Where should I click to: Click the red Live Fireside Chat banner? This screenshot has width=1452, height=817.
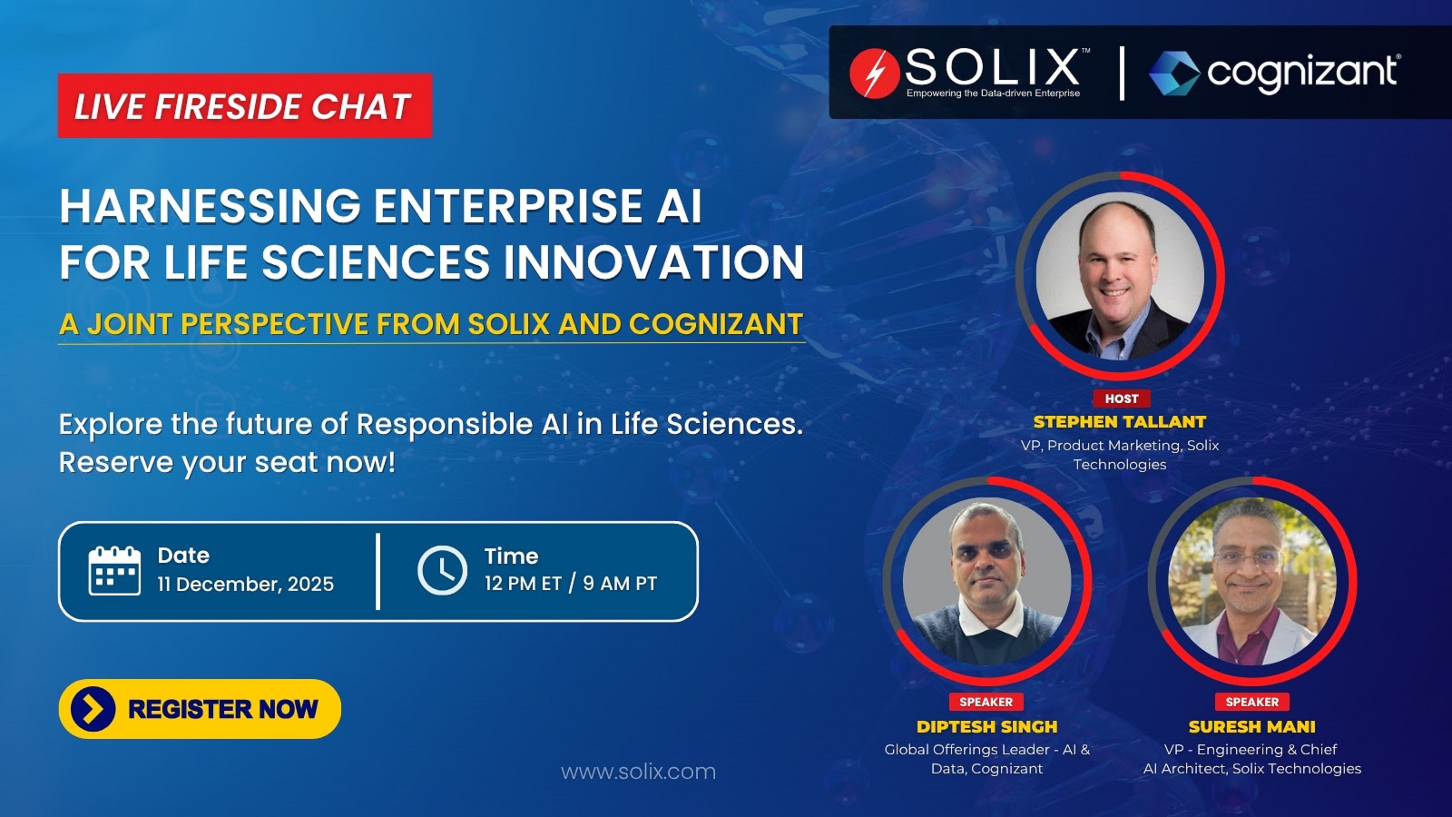[x=245, y=106]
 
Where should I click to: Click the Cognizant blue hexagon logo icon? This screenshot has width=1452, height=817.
[x=1174, y=73]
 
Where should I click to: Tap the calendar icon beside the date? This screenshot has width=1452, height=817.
[x=114, y=571]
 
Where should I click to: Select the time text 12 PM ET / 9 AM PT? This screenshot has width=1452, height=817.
[x=570, y=584]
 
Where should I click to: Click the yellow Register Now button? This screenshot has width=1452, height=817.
[x=199, y=709]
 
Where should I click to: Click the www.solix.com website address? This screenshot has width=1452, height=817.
[x=638, y=771]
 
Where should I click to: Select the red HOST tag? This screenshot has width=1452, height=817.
[x=1121, y=399]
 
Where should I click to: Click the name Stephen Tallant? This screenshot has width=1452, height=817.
[x=1119, y=422]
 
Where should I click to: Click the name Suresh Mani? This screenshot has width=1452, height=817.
[x=1252, y=727]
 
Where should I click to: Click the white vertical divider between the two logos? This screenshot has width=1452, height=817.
[x=1122, y=73]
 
